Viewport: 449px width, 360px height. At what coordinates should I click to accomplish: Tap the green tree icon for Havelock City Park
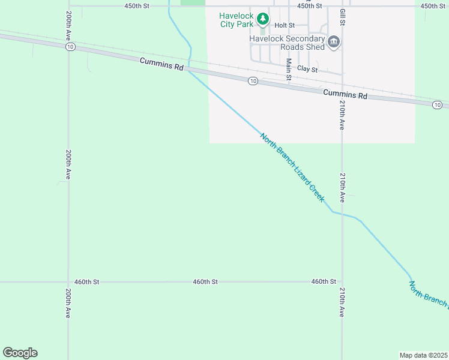[x=262, y=19]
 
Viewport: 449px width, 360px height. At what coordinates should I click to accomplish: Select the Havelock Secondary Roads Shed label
[x=287, y=43]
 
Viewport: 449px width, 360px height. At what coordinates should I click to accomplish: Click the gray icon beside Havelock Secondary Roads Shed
[x=334, y=42]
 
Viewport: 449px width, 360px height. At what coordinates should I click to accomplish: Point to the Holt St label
[x=285, y=25]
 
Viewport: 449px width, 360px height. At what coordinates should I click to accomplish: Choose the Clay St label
[x=307, y=69]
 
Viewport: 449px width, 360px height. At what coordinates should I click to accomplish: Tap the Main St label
[x=289, y=69]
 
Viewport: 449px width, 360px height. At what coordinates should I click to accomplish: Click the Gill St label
[x=342, y=17]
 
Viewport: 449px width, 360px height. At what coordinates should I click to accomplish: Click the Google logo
[x=20, y=353]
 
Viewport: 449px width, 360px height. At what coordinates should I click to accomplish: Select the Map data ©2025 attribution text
[x=423, y=355]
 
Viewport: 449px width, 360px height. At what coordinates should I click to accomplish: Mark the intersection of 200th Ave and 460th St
[x=68, y=281]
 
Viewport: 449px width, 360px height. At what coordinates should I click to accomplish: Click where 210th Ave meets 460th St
[x=342, y=281]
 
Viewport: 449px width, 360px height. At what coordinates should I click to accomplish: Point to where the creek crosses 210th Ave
[x=342, y=214]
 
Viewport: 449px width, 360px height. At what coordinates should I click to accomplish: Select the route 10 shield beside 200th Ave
[x=71, y=47]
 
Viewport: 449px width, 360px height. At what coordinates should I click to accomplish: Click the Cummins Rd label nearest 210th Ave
[x=345, y=94]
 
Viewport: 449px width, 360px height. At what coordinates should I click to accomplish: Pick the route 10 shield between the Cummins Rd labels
[x=253, y=81]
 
